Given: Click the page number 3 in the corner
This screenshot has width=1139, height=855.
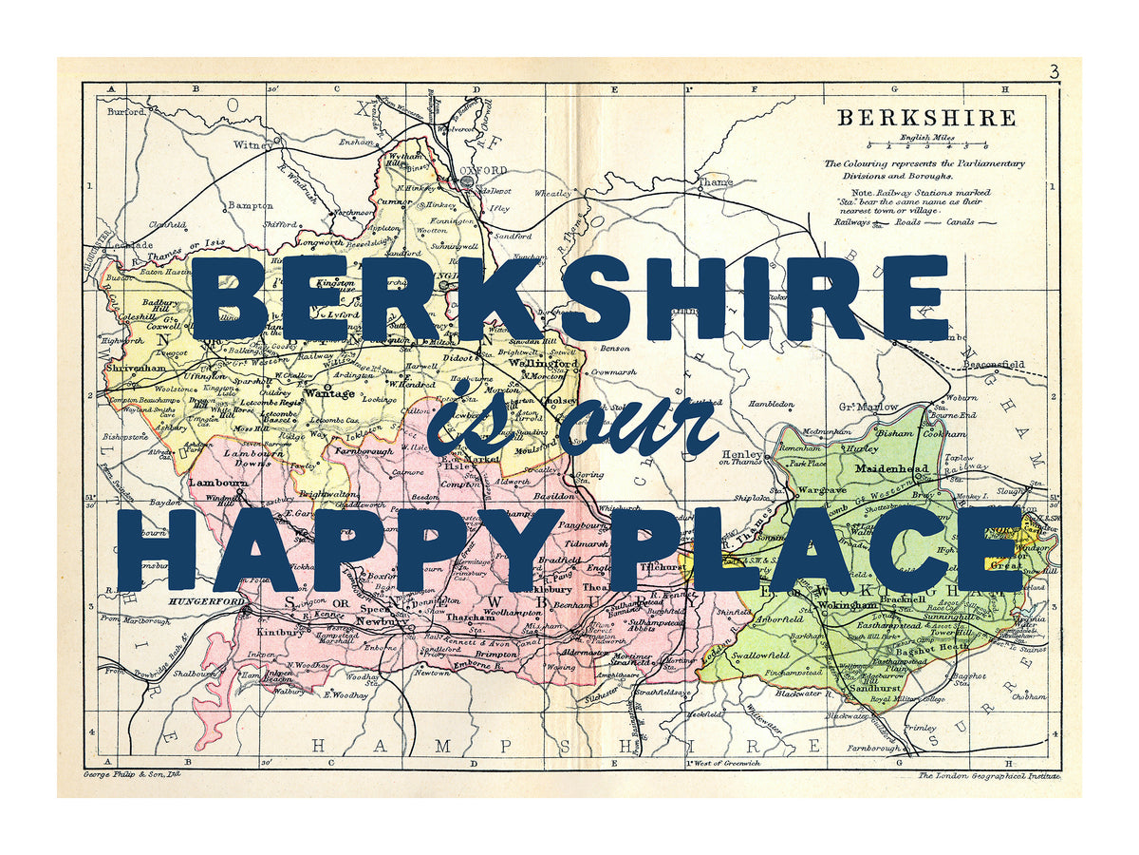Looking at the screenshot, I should pyautogui.click(x=1055, y=71).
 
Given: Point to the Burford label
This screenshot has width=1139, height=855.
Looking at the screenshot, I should pyautogui.click(x=126, y=111).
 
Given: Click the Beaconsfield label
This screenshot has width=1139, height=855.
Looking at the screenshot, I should pyautogui.click(x=995, y=364).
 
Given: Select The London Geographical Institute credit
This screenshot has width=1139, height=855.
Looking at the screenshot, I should pyautogui.click(x=987, y=776).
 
